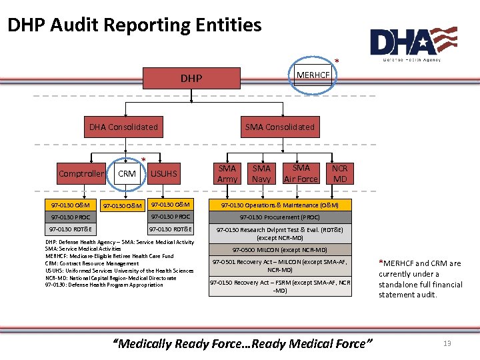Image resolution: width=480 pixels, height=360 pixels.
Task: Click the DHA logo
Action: (413, 43)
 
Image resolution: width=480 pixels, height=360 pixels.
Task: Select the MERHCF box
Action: (313, 75)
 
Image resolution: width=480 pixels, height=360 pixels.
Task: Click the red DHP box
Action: (191, 78)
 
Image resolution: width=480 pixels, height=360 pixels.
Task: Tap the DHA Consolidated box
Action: (124, 127)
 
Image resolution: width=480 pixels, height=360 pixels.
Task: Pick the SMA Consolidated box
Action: (279, 127)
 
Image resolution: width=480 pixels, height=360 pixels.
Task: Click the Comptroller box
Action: (81, 174)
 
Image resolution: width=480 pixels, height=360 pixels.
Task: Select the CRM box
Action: (127, 174)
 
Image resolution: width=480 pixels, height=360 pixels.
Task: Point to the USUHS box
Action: (164, 174)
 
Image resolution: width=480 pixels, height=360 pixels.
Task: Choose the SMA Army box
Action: (227, 173)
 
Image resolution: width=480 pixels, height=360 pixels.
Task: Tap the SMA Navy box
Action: (261, 173)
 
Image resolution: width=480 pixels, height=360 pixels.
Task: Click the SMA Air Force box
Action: (301, 173)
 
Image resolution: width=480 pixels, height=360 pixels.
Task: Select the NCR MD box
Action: (340, 173)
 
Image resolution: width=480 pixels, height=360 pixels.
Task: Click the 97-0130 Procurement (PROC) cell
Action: (280, 217)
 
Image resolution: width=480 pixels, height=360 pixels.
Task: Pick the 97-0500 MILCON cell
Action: (280, 250)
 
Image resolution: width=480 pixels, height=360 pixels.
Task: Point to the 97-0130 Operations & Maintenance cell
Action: (280, 205)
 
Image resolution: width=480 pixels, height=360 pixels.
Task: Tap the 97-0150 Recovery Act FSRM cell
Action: (280, 286)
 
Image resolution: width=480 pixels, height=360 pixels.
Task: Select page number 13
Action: (447, 343)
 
